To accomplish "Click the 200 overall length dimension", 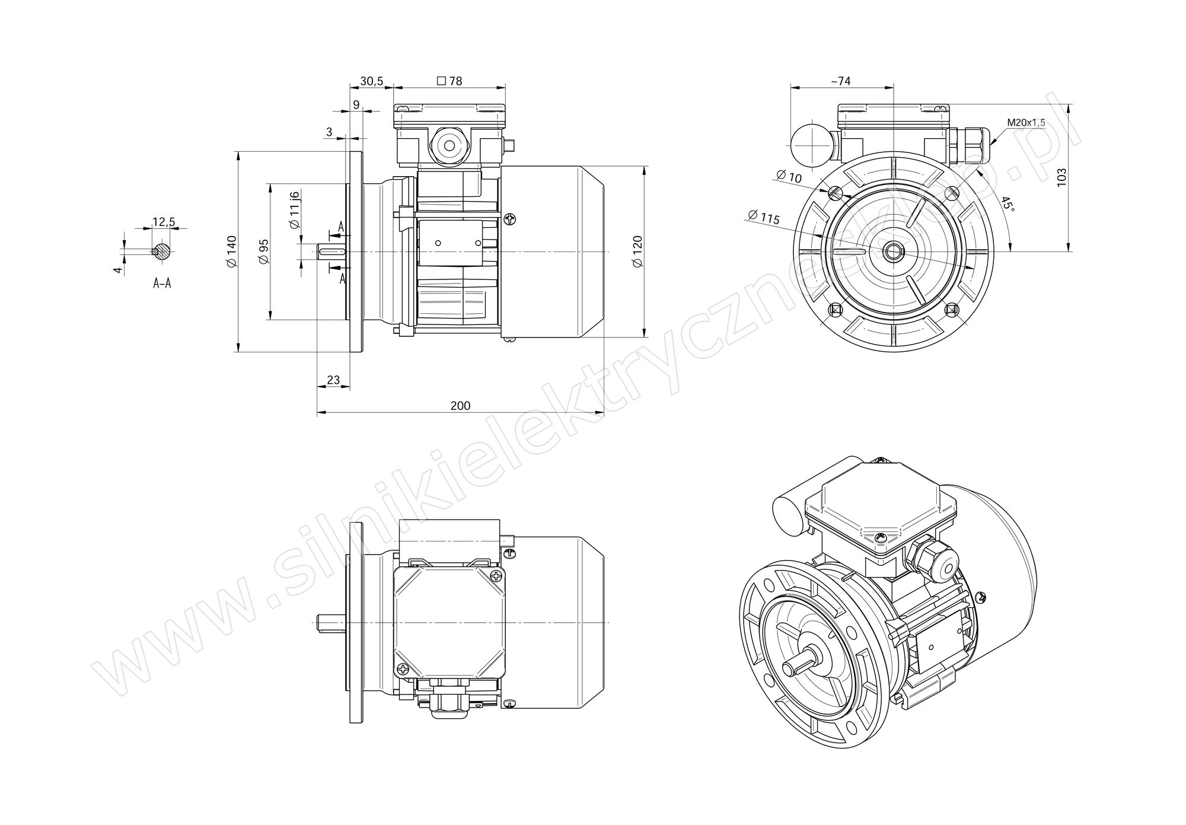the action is pyautogui.click(x=460, y=406).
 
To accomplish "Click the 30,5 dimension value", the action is pyautogui.click(x=372, y=81).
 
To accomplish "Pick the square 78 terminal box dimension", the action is pyautogui.click(x=449, y=81).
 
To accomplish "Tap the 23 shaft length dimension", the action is pyautogui.click(x=334, y=380).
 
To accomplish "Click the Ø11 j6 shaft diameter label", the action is pyautogui.click(x=295, y=210).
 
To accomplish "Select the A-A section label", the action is pyautogui.click(x=162, y=284).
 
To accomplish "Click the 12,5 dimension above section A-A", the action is pyautogui.click(x=164, y=222).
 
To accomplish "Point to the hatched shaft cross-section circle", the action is pyautogui.click(x=161, y=251).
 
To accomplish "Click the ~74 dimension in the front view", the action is pyautogui.click(x=841, y=81).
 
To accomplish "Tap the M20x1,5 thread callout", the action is pyautogui.click(x=1026, y=123).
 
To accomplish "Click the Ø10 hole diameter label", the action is pyautogui.click(x=788, y=176).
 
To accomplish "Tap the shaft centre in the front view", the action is pyautogui.click(x=892, y=251).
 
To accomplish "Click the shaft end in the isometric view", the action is pyautogui.click(x=788, y=668).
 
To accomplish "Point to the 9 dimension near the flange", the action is pyautogui.click(x=356, y=105).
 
